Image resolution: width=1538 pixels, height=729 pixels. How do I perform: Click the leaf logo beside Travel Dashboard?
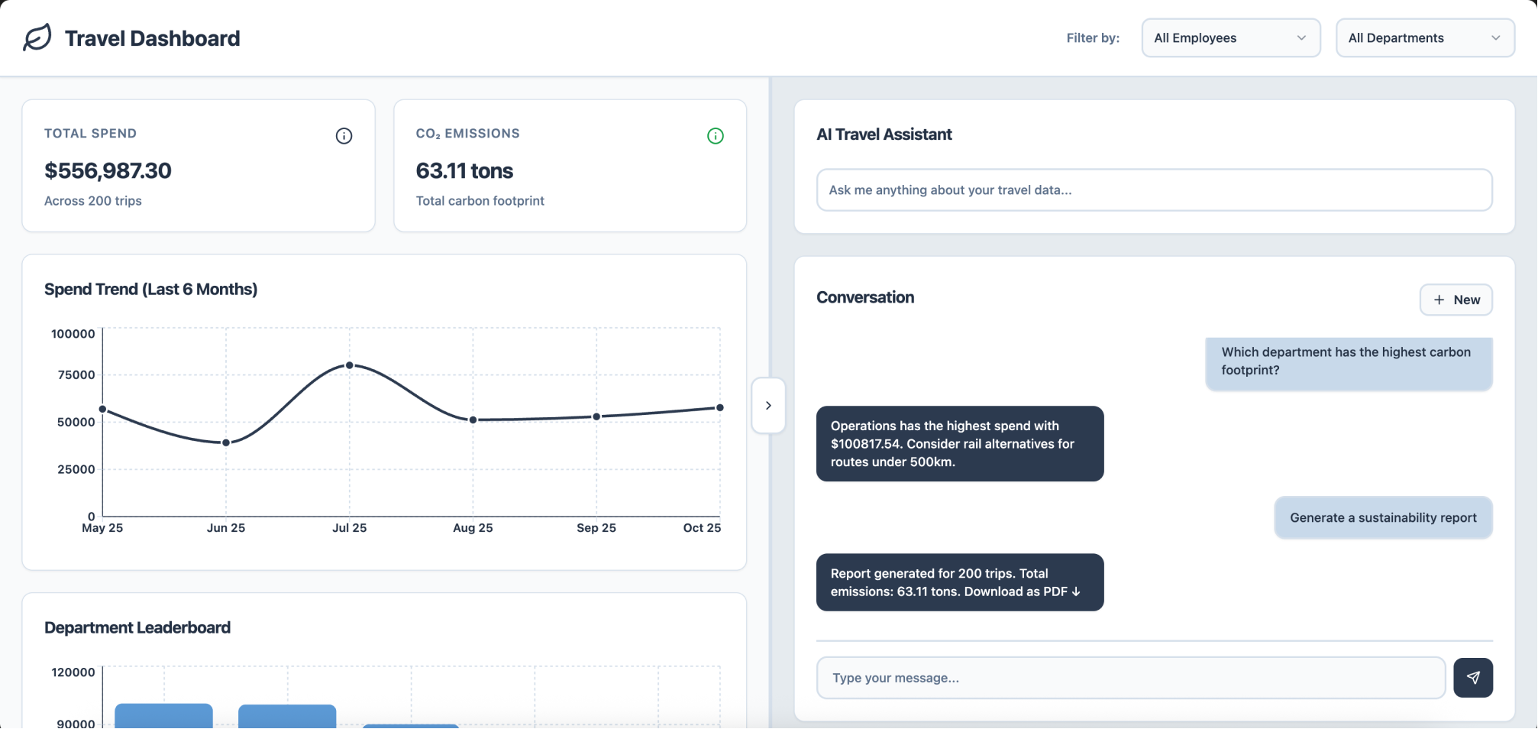pos(37,37)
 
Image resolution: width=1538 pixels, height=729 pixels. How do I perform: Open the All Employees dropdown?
pos(1230,38)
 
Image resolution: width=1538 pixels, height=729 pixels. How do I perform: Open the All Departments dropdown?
pos(1425,38)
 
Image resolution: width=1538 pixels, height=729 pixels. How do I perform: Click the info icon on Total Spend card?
pos(344,136)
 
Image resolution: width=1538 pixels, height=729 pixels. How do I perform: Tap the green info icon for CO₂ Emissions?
pos(716,136)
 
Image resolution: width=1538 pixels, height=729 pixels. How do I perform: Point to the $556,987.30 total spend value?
pos(108,170)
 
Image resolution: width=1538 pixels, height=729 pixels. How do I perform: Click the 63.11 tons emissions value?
pos(464,170)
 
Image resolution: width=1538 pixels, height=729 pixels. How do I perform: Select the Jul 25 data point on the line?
pos(350,365)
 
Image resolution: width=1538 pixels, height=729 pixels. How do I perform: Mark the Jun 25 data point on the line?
pos(226,442)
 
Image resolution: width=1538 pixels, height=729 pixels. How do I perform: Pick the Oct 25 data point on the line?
pos(719,407)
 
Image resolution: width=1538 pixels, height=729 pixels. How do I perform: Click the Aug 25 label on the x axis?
pos(473,528)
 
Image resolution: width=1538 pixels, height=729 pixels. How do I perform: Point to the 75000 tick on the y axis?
pos(76,374)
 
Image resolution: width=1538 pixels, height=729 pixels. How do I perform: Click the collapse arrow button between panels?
pos(768,405)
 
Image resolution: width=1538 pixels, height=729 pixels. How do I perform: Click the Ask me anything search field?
pos(1154,190)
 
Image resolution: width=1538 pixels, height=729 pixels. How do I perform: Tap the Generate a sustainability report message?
pos(1383,518)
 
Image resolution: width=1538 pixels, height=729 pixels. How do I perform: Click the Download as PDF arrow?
pos(1076,591)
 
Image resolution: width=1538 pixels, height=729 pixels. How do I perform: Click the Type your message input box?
pos(1131,678)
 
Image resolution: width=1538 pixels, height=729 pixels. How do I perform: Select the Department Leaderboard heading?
pos(137,627)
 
